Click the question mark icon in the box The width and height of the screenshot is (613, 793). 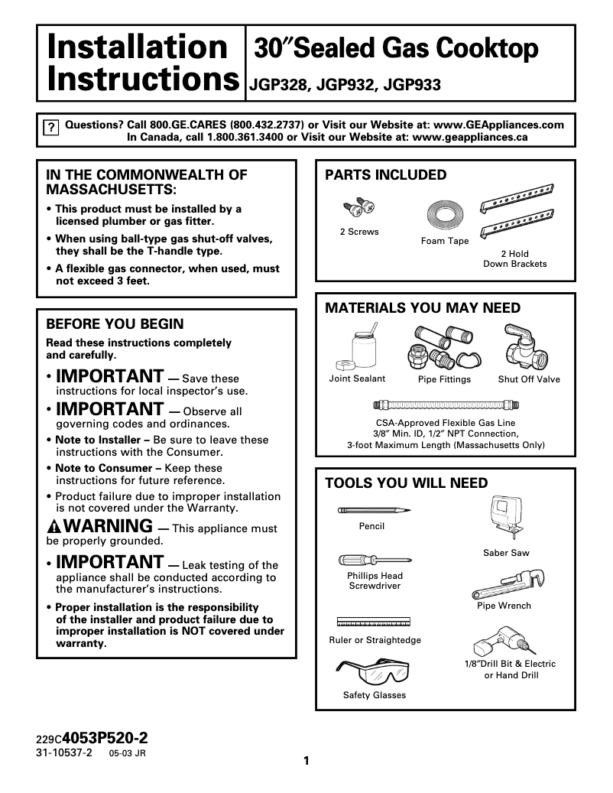50,128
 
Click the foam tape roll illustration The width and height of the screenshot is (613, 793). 444,215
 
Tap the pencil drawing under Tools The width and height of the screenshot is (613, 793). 371,510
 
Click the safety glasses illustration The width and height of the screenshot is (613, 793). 374,671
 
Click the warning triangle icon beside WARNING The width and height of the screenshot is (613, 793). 54,527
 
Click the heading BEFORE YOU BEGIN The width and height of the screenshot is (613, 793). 115,324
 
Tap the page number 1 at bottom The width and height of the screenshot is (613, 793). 306,760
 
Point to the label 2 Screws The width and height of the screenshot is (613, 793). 359,232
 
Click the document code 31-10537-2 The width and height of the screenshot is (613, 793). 63,753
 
